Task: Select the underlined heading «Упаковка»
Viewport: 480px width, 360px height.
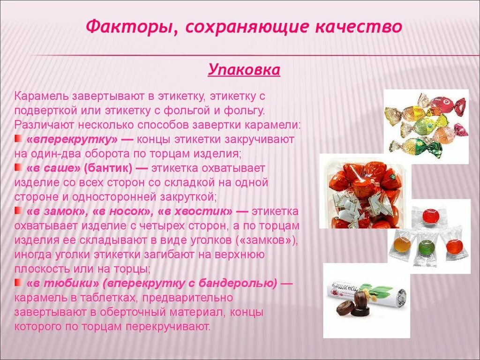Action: (x=244, y=70)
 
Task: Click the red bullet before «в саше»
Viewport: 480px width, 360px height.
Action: (x=18, y=167)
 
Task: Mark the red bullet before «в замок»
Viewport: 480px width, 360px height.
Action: (x=18, y=211)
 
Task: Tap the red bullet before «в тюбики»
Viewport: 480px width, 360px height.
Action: (x=18, y=283)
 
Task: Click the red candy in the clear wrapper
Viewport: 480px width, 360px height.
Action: (x=430, y=216)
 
